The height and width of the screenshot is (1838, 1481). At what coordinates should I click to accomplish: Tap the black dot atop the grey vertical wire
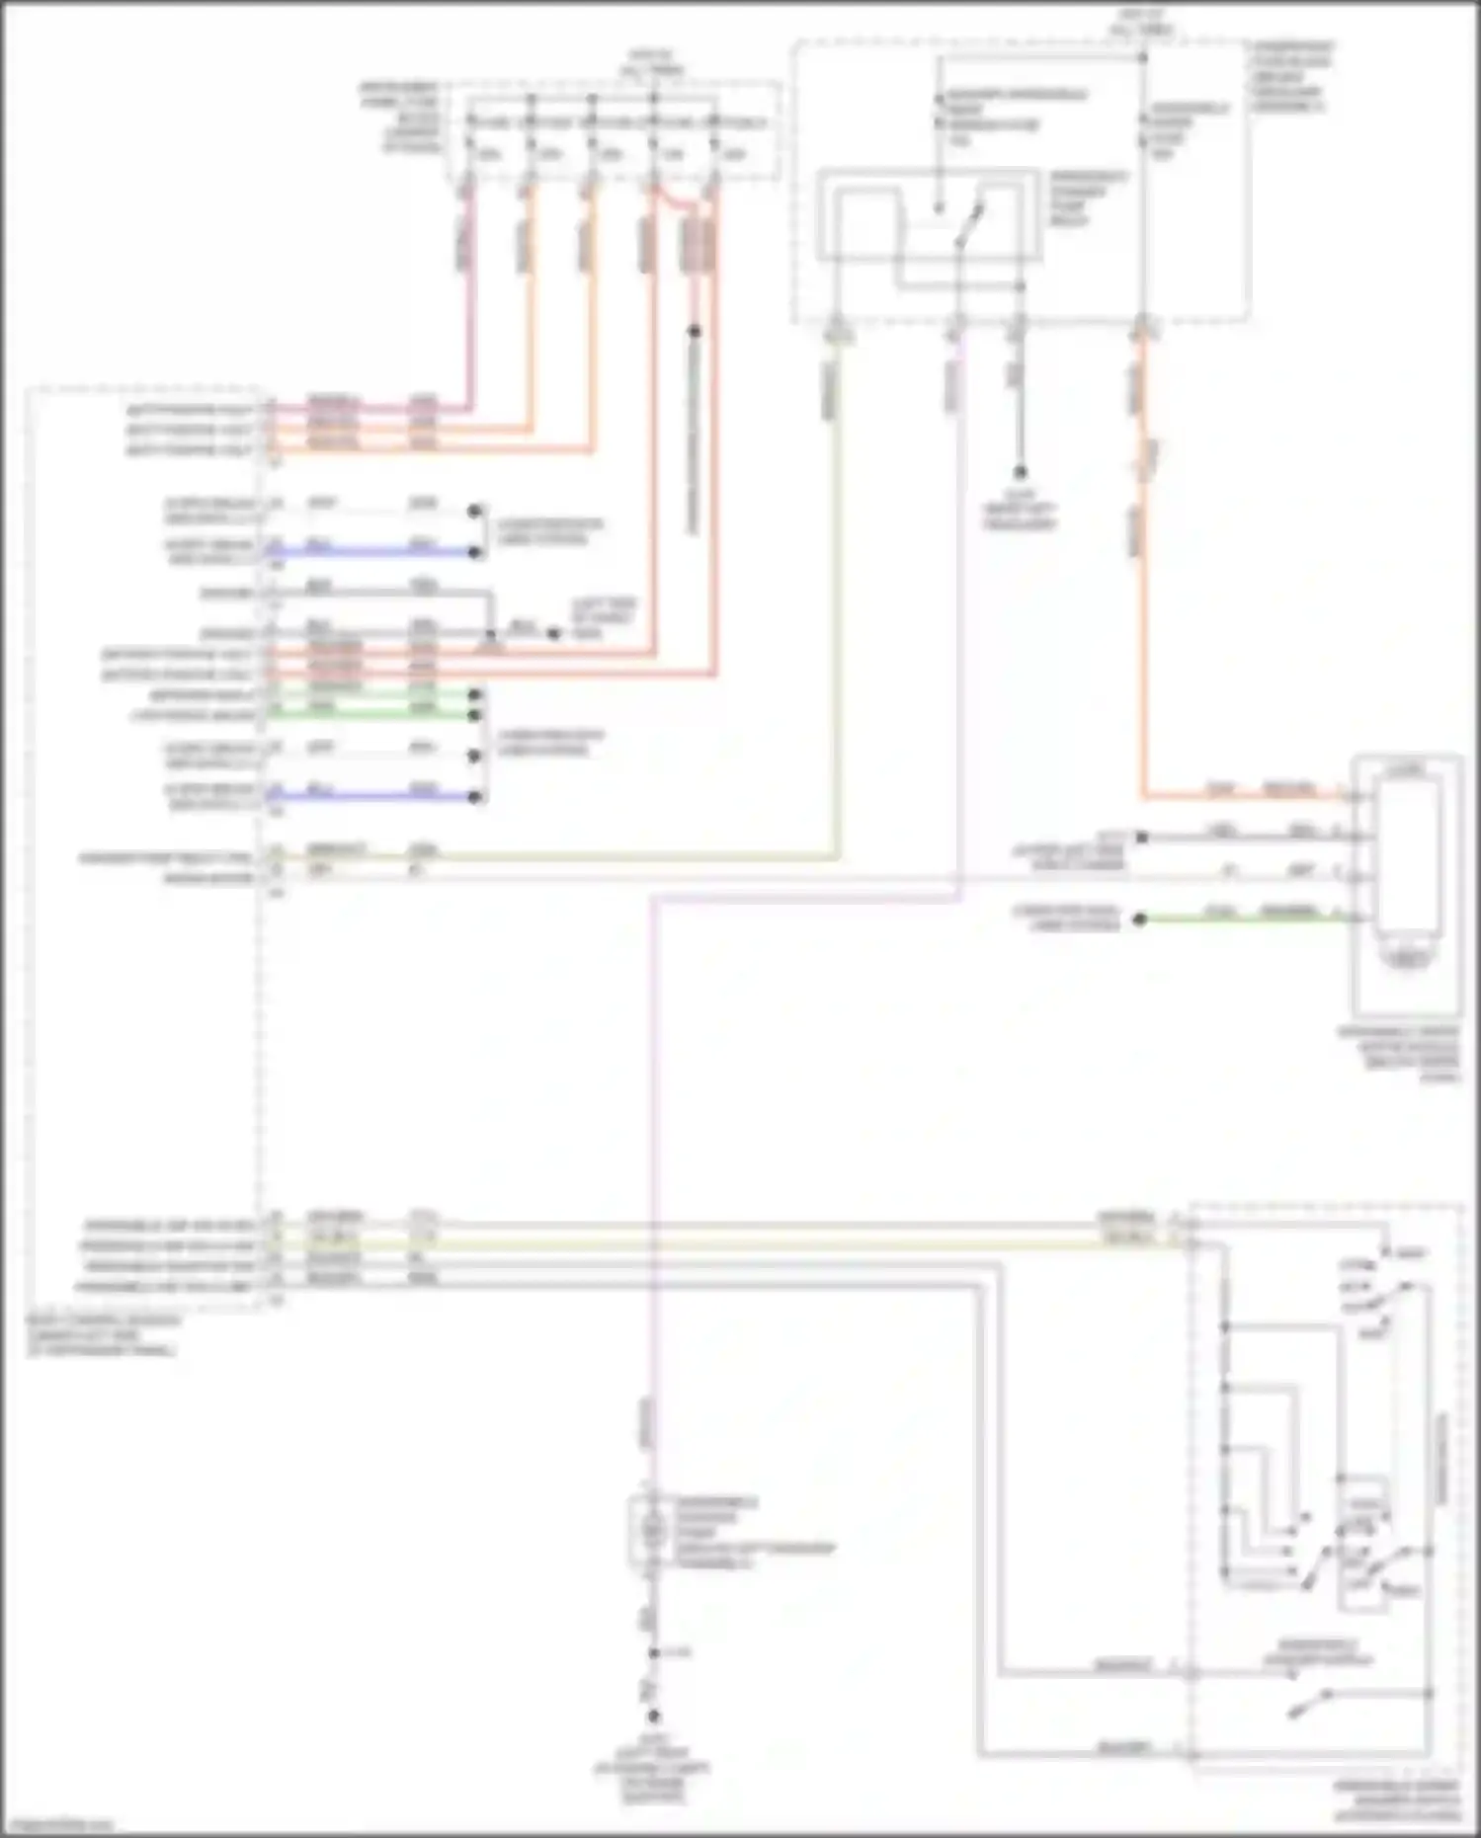(695, 332)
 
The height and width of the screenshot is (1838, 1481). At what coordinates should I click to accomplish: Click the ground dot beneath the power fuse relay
(1020, 473)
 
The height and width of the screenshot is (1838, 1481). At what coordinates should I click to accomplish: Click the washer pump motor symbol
(651, 1530)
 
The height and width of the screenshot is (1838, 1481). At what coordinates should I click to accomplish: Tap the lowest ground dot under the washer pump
(653, 1717)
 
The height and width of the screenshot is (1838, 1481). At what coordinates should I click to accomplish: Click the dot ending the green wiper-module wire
(1139, 919)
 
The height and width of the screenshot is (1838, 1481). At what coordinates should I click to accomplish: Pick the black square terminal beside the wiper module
(1141, 838)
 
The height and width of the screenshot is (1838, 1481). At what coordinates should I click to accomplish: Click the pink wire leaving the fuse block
(467, 296)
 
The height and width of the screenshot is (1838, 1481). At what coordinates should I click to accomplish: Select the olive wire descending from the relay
(836, 593)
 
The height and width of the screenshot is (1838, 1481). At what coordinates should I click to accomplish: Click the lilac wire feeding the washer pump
(651, 1185)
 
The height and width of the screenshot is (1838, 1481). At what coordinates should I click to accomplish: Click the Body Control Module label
(103, 1334)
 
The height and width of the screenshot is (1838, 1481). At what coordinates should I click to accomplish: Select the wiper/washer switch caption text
(1396, 1799)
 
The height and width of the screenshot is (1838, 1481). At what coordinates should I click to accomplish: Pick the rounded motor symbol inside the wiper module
(1406, 957)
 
